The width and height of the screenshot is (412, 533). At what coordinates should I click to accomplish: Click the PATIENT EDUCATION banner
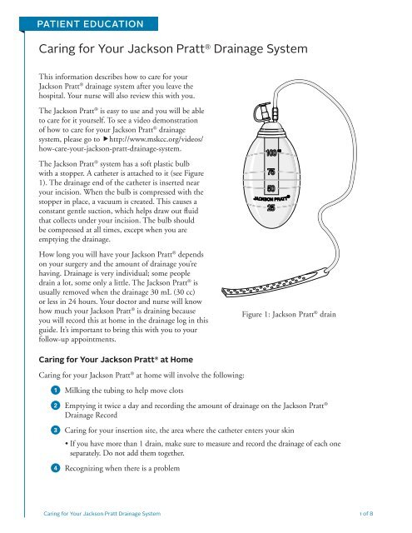[89, 24]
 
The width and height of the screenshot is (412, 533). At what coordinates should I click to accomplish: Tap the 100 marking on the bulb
[271, 153]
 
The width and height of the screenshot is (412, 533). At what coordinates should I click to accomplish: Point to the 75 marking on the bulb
[271, 172]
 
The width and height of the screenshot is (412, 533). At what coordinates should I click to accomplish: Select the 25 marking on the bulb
[271, 207]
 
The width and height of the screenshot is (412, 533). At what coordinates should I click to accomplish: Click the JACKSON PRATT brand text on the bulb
[271, 198]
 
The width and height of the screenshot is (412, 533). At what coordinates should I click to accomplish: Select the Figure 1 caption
[289, 314]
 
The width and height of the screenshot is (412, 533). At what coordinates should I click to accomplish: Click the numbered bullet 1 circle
[56, 391]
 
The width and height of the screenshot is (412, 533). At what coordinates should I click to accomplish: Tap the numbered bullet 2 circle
[56, 406]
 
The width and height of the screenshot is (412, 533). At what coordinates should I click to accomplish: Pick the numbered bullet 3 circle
[56, 431]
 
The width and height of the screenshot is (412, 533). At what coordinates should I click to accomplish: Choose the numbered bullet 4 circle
[56, 468]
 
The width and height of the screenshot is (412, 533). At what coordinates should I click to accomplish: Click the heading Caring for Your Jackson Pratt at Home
[116, 360]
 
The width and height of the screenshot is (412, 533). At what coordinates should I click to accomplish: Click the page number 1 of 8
[366, 513]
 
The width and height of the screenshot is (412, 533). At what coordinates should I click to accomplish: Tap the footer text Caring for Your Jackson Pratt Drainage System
[102, 513]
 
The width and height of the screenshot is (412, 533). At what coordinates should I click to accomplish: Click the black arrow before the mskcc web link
[106, 139]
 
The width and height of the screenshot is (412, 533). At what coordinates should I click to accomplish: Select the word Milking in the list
[77, 391]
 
